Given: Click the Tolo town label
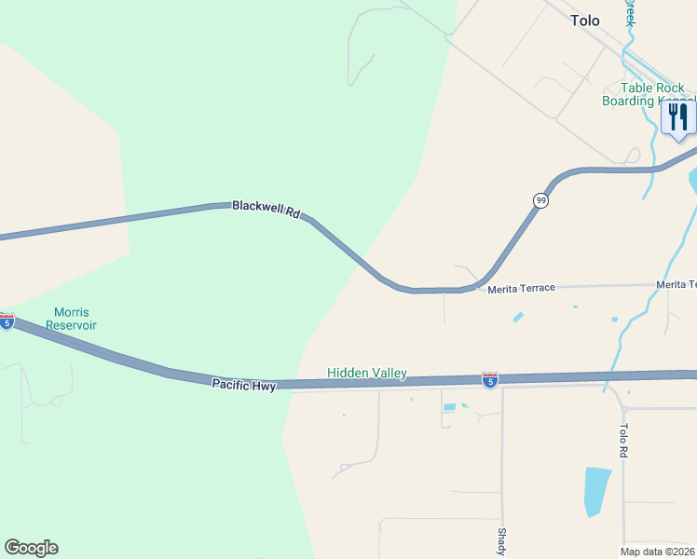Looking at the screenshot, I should point(585,20).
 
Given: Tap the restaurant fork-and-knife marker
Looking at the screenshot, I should point(678,117).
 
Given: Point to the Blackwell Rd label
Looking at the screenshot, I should point(266,209).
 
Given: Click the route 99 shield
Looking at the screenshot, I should point(540,200).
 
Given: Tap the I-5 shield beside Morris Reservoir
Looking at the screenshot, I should point(7,321).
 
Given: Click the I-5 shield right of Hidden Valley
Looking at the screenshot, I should point(490,379).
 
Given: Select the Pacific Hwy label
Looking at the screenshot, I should point(243,384).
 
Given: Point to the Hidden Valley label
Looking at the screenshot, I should point(367,373).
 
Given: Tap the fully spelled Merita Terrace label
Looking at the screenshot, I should point(521,289).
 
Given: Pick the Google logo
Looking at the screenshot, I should point(31,548).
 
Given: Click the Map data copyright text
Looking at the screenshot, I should point(658,551).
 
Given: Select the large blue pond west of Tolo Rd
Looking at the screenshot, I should point(595,491).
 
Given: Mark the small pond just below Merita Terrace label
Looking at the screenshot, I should point(517,318).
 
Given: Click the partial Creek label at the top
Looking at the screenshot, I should point(630,11).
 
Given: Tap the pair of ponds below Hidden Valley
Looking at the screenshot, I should point(456,406).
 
